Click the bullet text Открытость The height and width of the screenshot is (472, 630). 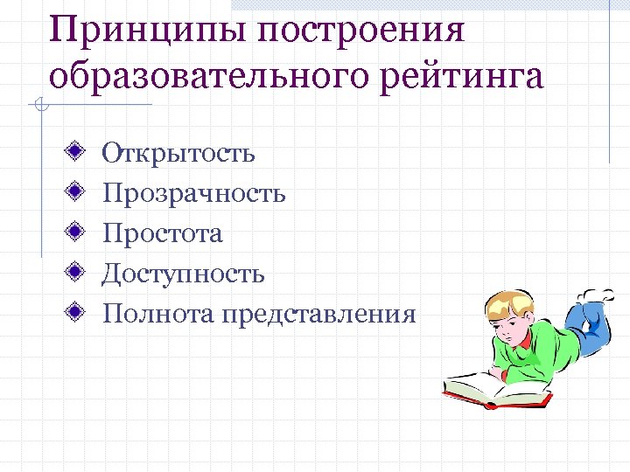click(178, 154)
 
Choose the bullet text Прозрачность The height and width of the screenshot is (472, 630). click(193, 193)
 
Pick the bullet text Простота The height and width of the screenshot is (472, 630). click(162, 233)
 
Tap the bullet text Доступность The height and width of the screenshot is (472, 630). click(183, 274)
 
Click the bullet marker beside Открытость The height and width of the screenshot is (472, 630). click(77, 152)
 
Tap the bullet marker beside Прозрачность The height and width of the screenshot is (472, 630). click(77, 192)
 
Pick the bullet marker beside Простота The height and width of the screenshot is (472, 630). click(77, 233)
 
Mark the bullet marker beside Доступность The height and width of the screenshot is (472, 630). click(77, 273)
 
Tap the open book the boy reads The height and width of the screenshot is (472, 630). click(494, 390)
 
